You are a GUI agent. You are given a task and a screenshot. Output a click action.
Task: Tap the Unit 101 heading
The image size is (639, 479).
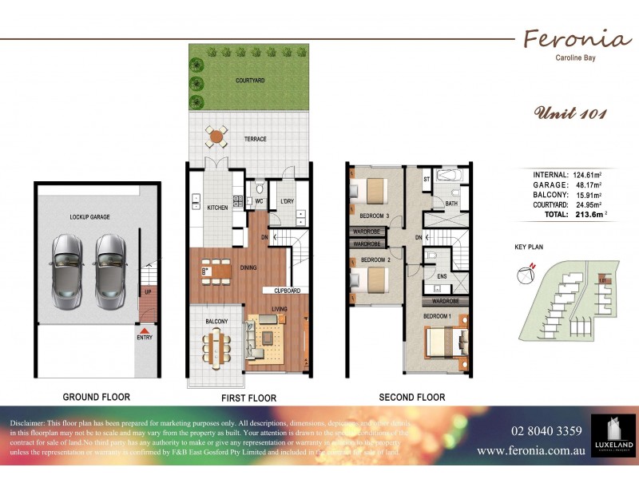pyautogui.click(x=570, y=113)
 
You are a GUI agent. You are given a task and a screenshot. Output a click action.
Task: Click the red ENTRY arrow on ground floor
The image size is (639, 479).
pyautogui.click(x=145, y=330)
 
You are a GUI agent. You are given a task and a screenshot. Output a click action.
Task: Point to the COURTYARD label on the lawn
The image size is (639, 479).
pyautogui.click(x=249, y=81)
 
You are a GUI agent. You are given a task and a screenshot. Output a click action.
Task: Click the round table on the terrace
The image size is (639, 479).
pyautogui.click(x=216, y=137)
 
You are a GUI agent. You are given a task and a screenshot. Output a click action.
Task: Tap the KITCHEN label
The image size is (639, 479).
pyautogui.click(x=218, y=208)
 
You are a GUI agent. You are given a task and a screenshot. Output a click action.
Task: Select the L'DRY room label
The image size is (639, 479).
pyautogui.click(x=288, y=201)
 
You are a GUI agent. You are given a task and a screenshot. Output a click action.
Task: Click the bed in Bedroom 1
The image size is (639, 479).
pyautogui.click(x=442, y=341)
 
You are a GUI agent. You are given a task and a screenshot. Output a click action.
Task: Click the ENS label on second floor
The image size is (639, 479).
pyautogui.click(x=442, y=277)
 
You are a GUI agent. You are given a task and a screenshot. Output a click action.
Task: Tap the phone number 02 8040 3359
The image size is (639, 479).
pyautogui.click(x=546, y=431)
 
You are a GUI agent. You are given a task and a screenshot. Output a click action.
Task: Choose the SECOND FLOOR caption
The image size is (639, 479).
pyautogui.click(x=413, y=397)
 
